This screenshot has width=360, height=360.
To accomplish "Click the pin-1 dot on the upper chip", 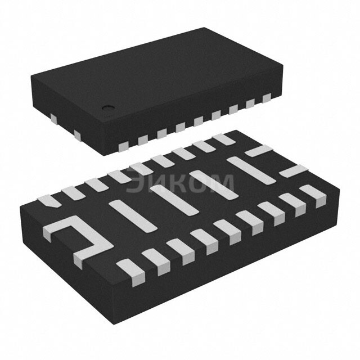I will tap(106, 106).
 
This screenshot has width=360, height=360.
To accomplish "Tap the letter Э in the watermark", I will tap(136, 182).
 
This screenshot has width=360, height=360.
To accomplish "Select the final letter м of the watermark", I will tap(222, 182).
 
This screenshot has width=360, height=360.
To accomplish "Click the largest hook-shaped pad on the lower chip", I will tap(79, 239).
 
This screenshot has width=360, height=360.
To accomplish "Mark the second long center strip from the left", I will tap(172, 200).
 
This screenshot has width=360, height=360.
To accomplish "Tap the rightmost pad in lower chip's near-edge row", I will tap(313, 196).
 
